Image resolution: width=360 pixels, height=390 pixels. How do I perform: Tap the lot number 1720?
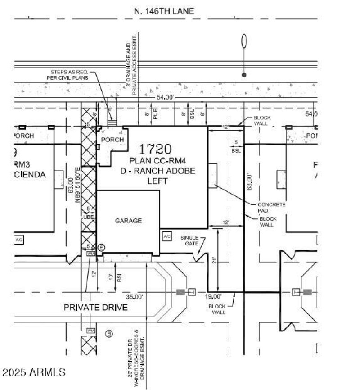click(155, 149)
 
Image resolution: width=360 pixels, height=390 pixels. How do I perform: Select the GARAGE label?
click(128, 221)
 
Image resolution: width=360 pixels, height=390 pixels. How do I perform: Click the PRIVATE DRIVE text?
click(95, 308)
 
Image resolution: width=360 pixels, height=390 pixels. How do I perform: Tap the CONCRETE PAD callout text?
click(271, 207)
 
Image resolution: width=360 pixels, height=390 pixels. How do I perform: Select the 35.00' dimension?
click(135, 297)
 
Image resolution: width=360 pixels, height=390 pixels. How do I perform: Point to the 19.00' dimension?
click(213, 297)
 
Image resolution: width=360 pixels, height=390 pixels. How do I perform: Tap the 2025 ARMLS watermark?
click(34, 372)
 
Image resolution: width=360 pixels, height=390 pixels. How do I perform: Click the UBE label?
click(88, 217)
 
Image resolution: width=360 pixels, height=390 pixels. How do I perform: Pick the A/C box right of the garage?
click(166, 236)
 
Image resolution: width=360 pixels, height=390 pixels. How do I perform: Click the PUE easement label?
click(155, 115)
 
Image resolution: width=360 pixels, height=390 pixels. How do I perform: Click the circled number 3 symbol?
click(108, 334)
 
